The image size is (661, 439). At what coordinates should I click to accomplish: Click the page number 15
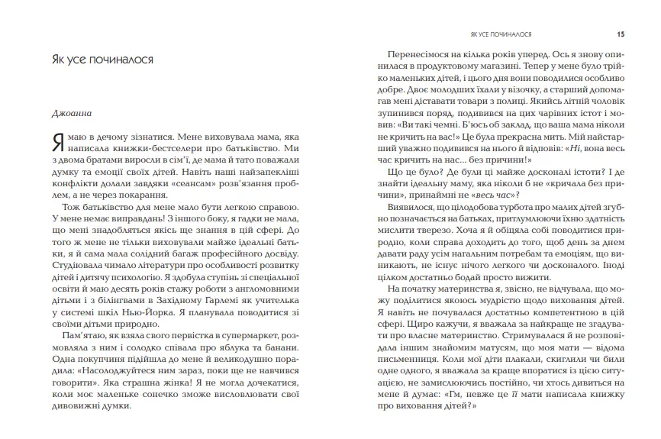[621, 34]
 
